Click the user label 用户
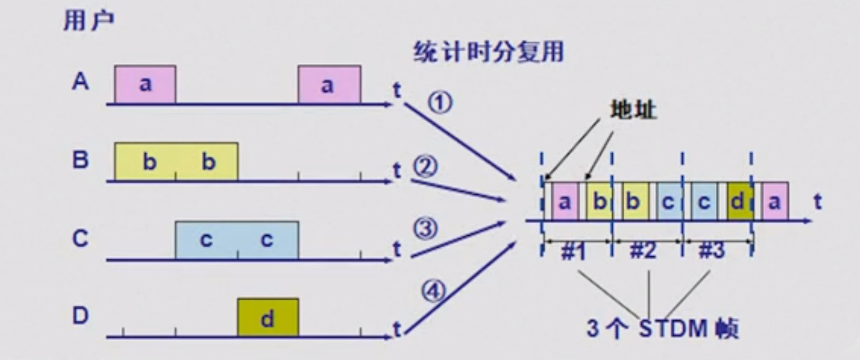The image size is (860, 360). click(x=88, y=22)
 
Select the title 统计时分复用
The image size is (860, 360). click(x=488, y=52)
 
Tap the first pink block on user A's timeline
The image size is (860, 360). click(x=145, y=84)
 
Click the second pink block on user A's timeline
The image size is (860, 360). click(x=329, y=84)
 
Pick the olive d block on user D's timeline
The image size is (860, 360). click(x=268, y=317)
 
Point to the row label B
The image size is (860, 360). click(x=80, y=160)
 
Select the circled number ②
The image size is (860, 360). click(x=424, y=168)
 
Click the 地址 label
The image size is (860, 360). click(x=633, y=110)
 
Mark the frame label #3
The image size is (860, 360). click(x=711, y=251)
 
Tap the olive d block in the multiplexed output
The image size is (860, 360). click(x=738, y=201)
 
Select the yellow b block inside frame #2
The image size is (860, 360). click(x=631, y=201)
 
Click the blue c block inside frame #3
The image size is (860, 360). click(x=703, y=201)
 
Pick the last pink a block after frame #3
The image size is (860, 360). click(x=775, y=201)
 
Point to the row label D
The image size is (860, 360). click(x=80, y=316)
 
